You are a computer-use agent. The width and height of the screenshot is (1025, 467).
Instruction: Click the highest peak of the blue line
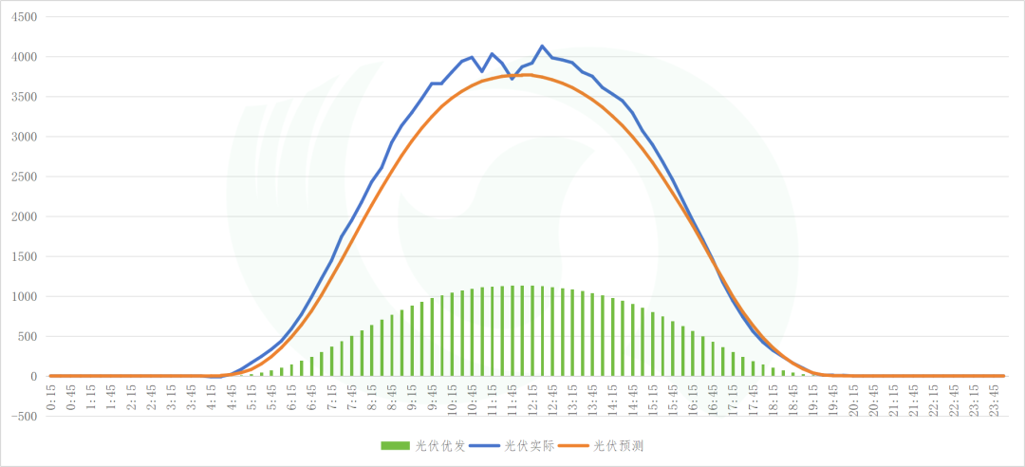click(542, 46)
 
